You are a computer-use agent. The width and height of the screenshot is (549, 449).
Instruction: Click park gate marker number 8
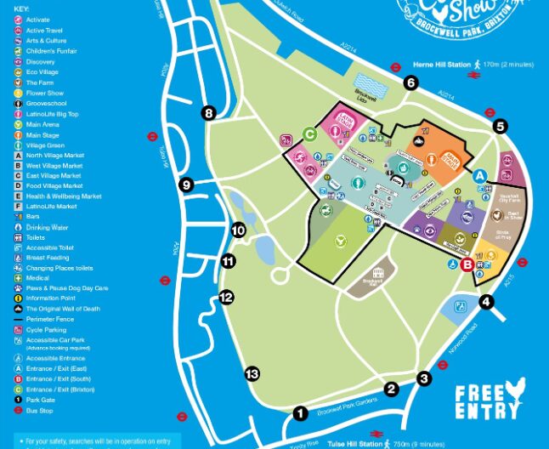(x=209, y=112)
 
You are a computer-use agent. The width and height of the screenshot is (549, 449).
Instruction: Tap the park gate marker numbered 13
(x=252, y=374)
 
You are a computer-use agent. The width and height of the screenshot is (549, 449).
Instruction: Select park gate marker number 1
(x=300, y=413)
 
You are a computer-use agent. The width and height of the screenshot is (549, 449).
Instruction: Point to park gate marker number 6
(x=411, y=82)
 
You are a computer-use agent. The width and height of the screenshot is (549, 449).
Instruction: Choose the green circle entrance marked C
(x=310, y=134)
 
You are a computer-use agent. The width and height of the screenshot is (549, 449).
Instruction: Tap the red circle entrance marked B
(x=467, y=264)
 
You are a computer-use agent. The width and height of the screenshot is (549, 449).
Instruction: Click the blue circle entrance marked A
(x=480, y=175)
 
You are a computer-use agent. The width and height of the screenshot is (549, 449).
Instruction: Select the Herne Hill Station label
(x=440, y=64)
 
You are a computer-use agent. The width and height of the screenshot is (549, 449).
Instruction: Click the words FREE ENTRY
(x=488, y=401)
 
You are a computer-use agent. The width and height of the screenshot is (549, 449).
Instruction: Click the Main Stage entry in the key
(x=42, y=134)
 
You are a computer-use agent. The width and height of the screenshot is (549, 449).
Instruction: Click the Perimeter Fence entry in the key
(x=50, y=319)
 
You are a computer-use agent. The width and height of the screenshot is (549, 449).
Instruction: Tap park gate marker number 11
(x=227, y=261)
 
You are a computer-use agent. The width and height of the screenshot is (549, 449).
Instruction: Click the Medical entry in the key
(x=38, y=278)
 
